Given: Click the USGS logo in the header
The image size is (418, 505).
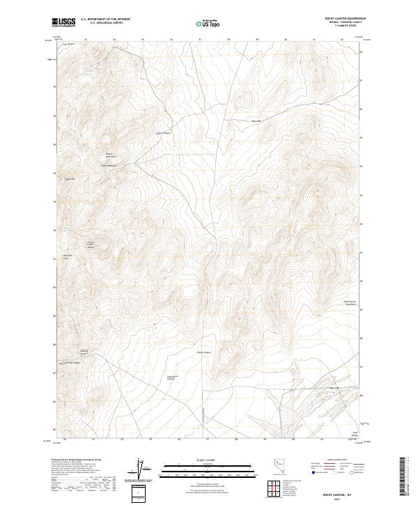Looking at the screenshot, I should click(x=64, y=23).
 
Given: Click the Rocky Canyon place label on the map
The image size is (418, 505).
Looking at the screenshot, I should click(x=203, y=352).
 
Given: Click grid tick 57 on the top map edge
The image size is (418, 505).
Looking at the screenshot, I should click(x=200, y=40).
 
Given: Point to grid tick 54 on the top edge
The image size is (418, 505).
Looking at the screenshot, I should click(x=114, y=40).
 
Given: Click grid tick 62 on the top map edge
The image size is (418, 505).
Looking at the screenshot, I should click(x=343, y=40).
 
